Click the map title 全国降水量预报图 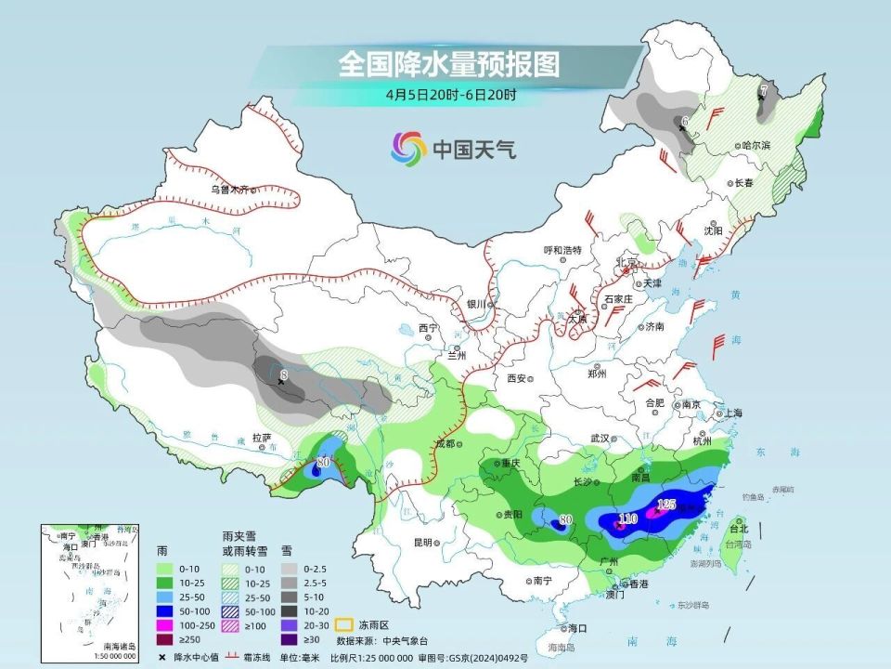click(x=450, y=64)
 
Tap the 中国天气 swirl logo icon click(x=409, y=147)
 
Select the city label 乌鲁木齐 click(x=229, y=189)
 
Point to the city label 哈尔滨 click(x=756, y=146)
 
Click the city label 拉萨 click(x=261, y=437)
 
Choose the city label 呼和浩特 click(x=562, y=250)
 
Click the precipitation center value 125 click(x=666, y=505)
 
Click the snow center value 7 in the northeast click(x=763, y=90)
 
